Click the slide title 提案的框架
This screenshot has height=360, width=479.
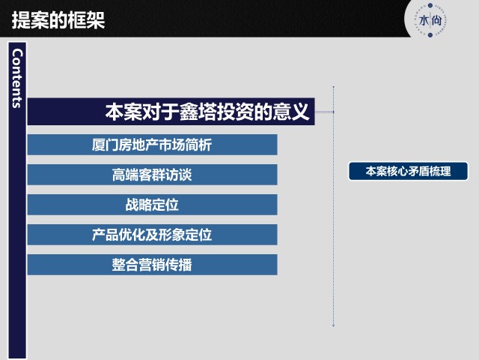58,20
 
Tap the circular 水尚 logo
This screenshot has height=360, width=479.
430,20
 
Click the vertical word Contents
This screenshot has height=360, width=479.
17,78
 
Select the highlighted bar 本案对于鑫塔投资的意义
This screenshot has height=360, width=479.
171,112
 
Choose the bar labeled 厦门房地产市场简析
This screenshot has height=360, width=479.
152,145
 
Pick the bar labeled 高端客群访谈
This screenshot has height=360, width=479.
152,175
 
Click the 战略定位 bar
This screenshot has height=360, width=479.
152,205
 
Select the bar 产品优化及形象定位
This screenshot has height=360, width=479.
152,235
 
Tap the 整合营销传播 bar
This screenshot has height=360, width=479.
152,265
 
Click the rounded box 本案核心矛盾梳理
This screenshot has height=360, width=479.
408,171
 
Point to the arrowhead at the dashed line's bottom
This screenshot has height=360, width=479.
333,325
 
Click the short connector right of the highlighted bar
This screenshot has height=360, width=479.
324,112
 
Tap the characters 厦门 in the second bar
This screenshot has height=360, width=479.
105,145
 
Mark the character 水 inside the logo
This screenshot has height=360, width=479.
424,21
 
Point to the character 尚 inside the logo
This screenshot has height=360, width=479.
436,21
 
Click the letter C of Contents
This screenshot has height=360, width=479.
18,53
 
